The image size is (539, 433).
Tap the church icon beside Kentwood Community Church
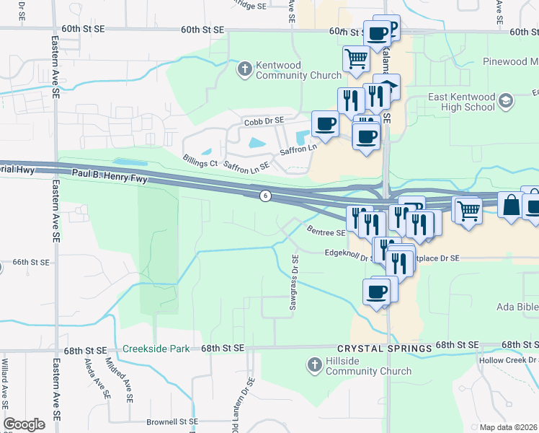coord(244,69)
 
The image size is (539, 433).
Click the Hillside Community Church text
coord(368,367)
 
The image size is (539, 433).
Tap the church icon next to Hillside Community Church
coord(314,366)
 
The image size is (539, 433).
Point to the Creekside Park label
coord(156,349)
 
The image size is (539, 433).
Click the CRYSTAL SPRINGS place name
coord(390,348)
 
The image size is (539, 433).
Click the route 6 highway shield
coord(265,196)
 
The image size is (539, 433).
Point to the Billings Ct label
coord(200,163)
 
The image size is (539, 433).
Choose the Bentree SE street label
coord(326,232)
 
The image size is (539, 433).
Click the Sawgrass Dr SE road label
coord(294,282)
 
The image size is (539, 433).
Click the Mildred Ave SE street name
coord(119,379)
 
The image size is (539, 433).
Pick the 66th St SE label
coord(30,263)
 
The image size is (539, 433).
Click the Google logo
coord(24,424)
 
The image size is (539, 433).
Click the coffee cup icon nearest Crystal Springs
coord(377,292)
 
